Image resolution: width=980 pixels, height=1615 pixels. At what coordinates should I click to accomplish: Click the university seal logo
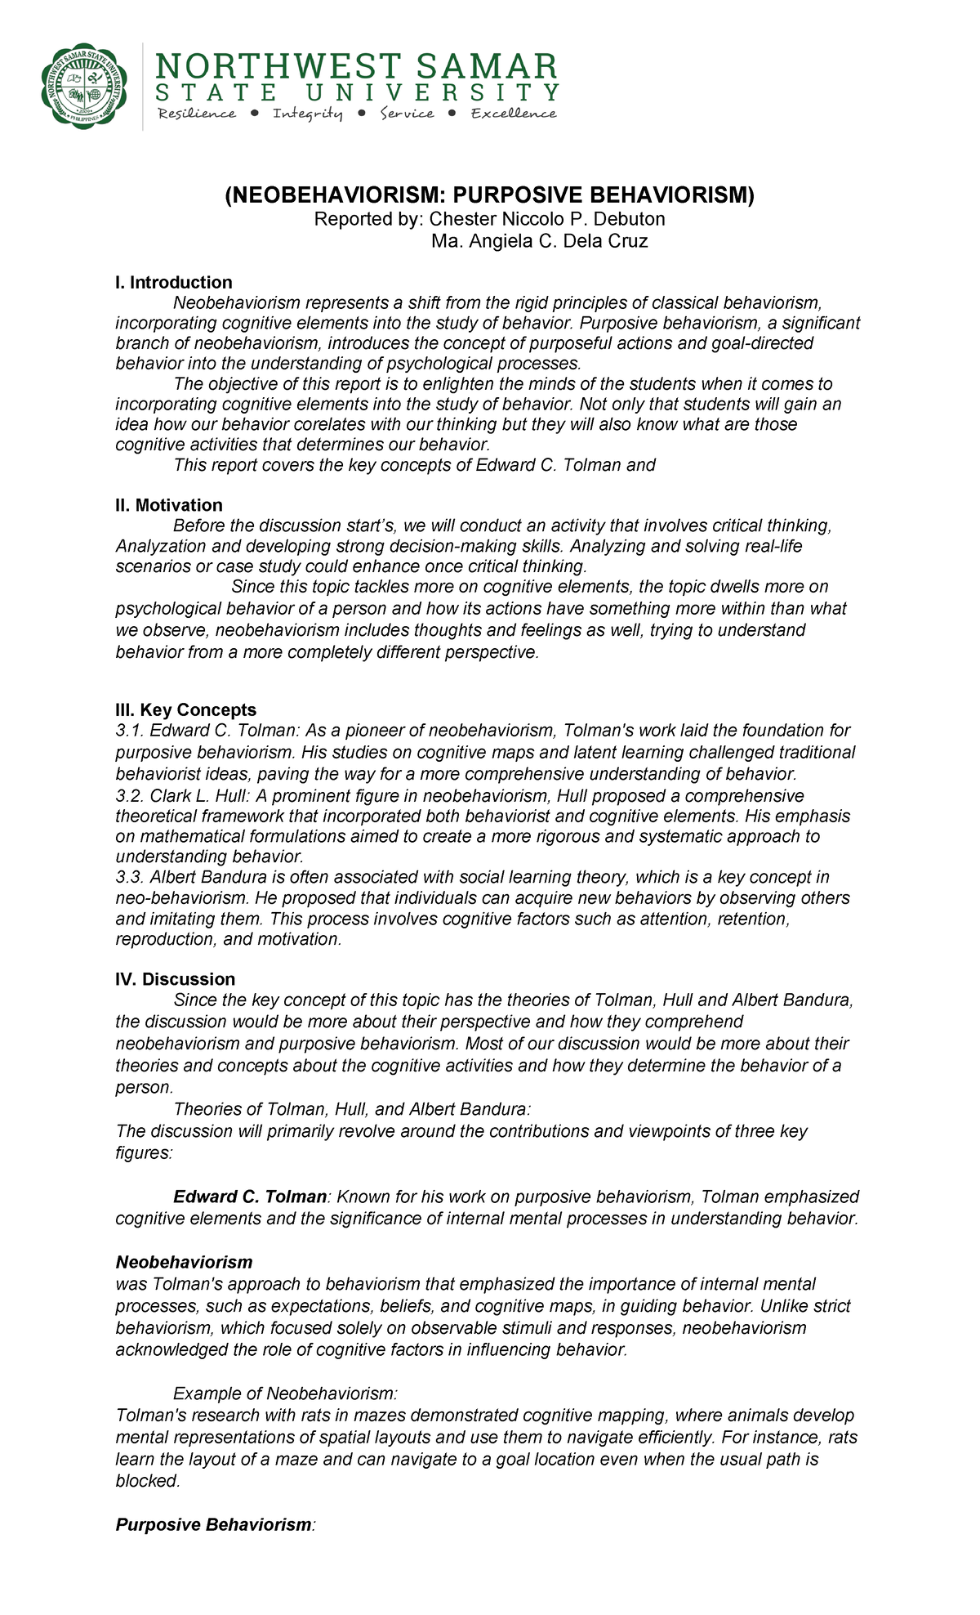pos(85,85)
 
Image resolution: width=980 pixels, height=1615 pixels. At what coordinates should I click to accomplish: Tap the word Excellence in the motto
pos(514,114)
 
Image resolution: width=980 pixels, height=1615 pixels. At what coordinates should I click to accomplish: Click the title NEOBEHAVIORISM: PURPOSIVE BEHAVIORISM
pos(490,195)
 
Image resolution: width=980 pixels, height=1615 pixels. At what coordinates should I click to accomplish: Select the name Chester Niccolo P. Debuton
pos(547,219)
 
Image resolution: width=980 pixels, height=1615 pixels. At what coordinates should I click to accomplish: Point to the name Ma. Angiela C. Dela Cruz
pos(539,241)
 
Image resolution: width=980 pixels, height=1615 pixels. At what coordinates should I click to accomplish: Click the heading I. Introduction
pos(173,283)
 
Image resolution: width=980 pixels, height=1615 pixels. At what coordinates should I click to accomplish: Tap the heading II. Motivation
pos(169,505)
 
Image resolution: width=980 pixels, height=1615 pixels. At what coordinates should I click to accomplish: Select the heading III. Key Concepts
pos(186,709)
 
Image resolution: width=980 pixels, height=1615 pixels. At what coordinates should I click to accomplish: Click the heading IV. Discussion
pos(176,979)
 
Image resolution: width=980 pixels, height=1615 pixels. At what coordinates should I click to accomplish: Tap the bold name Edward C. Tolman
pos(249,1197)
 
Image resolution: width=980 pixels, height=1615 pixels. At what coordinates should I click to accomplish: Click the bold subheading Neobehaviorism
pos(184,1262)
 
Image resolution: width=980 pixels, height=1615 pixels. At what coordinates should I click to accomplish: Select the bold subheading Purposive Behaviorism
pos(213,1524)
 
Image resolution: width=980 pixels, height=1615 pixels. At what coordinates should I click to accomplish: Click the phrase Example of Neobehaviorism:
pos(285,1393)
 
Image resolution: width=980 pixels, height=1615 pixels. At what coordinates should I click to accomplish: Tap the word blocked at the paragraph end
pos(147,1481)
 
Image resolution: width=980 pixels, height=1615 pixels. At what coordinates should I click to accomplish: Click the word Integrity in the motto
pos(308,114)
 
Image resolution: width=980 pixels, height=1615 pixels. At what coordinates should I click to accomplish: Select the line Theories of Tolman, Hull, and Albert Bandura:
pos(352,1109)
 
